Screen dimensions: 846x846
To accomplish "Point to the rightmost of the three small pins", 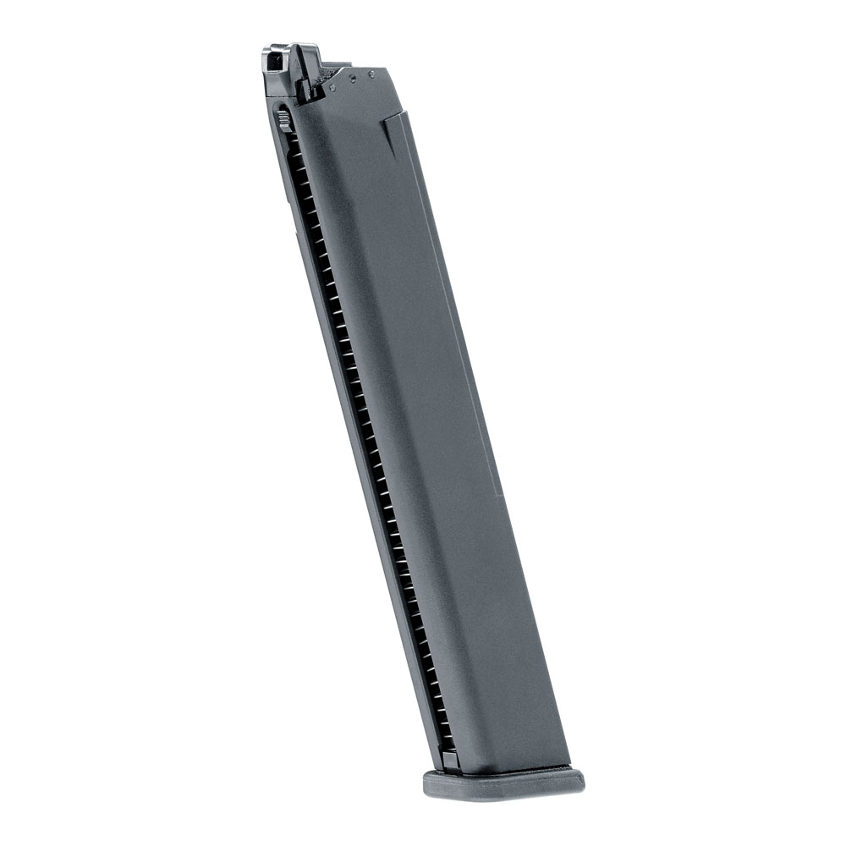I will point(371,74).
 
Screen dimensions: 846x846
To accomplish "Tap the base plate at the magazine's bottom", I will point(503,783).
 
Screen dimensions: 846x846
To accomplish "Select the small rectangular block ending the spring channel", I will point(448,759).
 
